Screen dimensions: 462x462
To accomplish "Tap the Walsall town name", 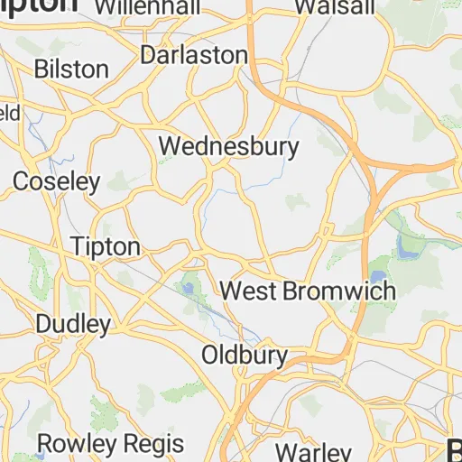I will pyautogui.click(x=334, y=7).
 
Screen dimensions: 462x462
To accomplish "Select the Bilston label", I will pyautogui.click(x=71, y=69).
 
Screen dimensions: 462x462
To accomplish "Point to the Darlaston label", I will pyautogui.click(x=193, y=55).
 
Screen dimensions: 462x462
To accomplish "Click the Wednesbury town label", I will pyautogui.click(x=228, y=145).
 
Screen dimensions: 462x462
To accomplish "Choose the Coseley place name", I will pyautogui.click(x=56, y=181).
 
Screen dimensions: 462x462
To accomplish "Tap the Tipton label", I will pyautogui.click(x=106, y=246).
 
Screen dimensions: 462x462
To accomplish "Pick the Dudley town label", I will pyautogui.click(x=73, y=323).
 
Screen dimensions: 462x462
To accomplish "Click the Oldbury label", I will pyautogui.click(x=244, y=354).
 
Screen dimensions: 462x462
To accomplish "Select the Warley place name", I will pyautogui.click(x=312, y=451).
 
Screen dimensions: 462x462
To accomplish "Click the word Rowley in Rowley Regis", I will pyautogui.click(x=76, y=444).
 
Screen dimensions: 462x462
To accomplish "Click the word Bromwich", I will pyautogui.click(x=339, y=291).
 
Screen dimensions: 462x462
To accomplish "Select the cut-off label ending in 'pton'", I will pyautogui.click(x=40, y=5).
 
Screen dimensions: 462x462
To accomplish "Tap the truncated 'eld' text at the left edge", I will pyautogui.click(x=9, y=114).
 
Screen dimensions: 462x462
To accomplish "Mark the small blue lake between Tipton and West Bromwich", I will pyautogui.click(x=188, y=288).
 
